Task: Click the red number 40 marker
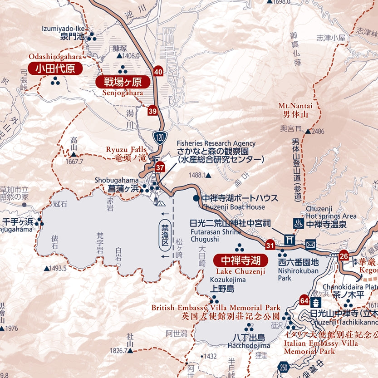pos(158,71)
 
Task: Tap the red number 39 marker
pos(152,111)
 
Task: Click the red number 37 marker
pos(160,167)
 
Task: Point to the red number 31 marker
pos(270,245)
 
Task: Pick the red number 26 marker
pos(343,256)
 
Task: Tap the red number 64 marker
pos(304,300)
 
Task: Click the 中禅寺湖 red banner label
pos(241,260)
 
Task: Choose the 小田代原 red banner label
pos(55,69)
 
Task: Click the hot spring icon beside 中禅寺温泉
pos(299,223)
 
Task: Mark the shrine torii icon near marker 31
pos(289,239)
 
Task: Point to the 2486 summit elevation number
pos(318,131)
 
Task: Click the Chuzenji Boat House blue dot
pos(196,198)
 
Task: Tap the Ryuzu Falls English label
pos(126,149)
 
